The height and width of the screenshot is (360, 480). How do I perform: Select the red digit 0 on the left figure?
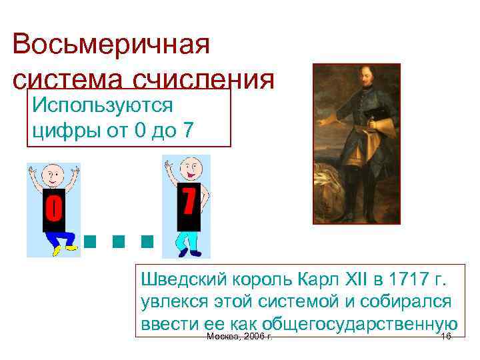tap(53, 209)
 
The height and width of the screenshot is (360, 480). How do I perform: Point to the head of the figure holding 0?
tap(53, 175)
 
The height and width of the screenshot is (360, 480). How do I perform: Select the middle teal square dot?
tap(119, 240)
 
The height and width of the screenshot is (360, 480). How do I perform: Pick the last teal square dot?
tap(147, 240)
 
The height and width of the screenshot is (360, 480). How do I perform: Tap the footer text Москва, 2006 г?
tap(239, 338)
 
